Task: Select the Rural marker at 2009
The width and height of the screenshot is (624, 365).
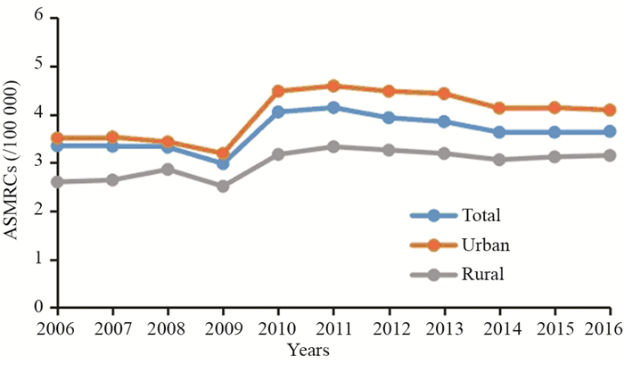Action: coord(223,187)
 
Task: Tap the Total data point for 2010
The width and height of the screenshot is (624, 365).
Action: coord(278,112)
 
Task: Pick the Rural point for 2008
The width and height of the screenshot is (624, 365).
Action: coord(168,170)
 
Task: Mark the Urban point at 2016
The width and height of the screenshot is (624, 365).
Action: coord(609,110)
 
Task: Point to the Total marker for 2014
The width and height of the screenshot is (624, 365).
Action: coord(499,132)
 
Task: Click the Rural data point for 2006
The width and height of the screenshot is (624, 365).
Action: coord(58,182)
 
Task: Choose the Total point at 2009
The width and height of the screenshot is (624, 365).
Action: coord(223,164)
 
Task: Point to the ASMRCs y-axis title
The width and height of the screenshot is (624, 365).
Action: coord(12,163)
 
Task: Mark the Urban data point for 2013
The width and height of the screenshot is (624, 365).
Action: coord(444,94)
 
